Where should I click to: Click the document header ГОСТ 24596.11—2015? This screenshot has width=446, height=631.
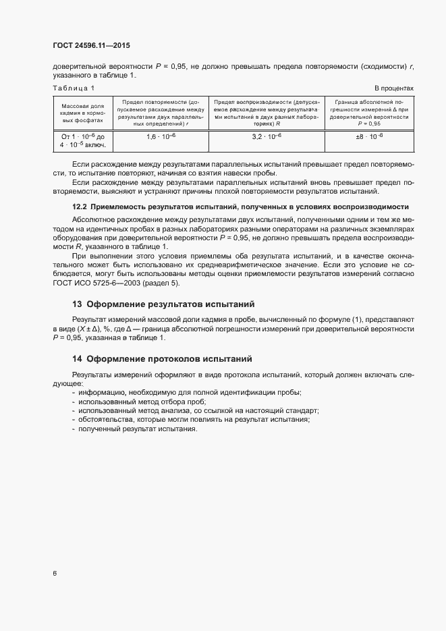(91, 46)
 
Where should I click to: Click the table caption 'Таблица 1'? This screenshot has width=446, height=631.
(74, 88)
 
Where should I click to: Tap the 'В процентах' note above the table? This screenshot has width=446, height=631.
(394, 88)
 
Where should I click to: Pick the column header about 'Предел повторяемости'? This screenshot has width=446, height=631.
(161, 113)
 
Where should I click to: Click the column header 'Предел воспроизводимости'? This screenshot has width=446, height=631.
(267, 113)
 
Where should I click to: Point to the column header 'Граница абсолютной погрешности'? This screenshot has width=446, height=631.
(370, 113)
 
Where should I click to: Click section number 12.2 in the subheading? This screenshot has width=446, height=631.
(80, 206)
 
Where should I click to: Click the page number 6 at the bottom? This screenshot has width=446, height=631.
(54, 574)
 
